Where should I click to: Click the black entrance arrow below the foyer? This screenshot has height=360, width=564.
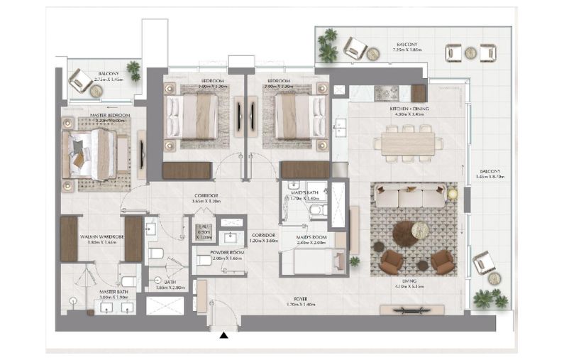pos(224,335)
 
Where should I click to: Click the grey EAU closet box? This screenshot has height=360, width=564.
pos(204,232)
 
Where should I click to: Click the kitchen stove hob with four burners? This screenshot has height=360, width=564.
pos(387,92)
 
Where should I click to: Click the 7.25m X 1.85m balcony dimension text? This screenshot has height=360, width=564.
pos(406,52)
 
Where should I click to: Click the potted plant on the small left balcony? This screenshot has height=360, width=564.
pos(133,70)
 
